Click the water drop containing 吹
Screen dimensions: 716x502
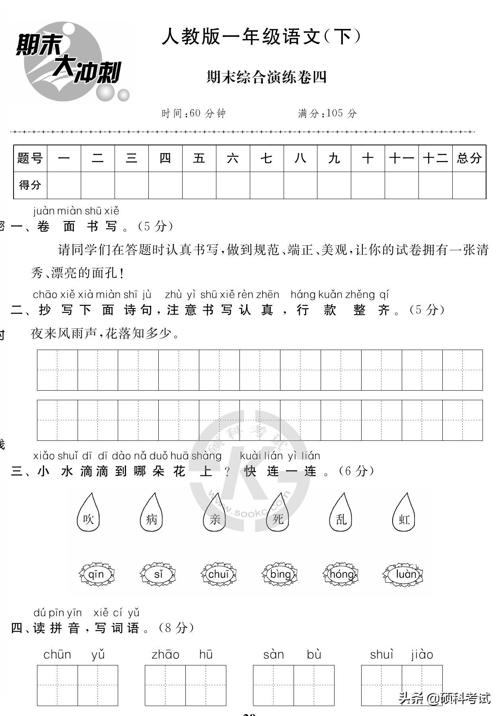pyautogui.click(x=88, y=514)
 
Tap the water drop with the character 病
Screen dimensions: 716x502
pyautogui.click(x=151, y=514)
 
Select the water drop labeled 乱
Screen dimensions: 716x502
pyautogui.click(x=341, y=514)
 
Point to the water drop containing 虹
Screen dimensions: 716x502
pyautogui.click(x=404, y=514)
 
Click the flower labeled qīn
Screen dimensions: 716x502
pyautogui.click(x=96, y=574)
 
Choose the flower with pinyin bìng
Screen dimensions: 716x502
pyautogui.click(x=280, y=574)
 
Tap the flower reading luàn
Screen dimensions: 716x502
pyautogui.click(x=403, y=574)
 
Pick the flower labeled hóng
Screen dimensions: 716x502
pyautogui.click(x=341, y=574)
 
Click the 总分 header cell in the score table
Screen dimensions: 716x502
pyautogui.click(x=469, y=158)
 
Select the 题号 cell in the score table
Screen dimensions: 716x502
pyautogui.click(x=30, y=158)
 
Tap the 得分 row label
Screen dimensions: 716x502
pyautogui.click(x=30, y=185)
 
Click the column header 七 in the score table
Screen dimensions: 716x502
pyautogui.click(x=267, y=158)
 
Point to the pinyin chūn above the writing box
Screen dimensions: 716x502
pyautogui.click(x=57, y=654)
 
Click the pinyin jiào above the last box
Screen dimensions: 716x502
pyautogui.click(x=422, y=654)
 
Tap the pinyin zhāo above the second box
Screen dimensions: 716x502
pyautogui.click(x=165, y=654)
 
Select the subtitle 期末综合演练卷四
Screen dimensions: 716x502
pyautogui.click(x=267, y=77)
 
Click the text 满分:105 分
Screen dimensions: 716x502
pyautogui.click(x=327, y=113)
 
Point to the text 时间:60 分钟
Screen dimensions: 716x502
pyautogui.click(x=193, y=113)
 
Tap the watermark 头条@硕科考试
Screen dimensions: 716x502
pyautogui.click(x=444, y=698)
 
